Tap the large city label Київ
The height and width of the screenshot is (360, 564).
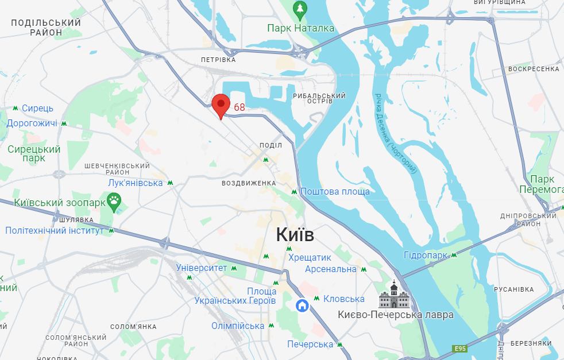pos(295,234)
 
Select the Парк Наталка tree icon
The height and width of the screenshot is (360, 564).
pos(300,9)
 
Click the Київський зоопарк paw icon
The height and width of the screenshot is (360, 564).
pos(115,202)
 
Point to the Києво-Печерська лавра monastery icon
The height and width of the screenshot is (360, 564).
pos(393,295)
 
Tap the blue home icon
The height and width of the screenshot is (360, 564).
pos(302,305)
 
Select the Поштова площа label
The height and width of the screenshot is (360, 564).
pos(335,191)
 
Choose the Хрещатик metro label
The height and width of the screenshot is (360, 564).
pos(310,258)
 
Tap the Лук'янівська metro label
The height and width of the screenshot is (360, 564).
pos(136,183)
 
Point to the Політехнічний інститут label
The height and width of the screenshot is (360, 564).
pos(55,230)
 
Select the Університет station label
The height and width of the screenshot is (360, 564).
pos(202,268)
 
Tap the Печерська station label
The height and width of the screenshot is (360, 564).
pos(310,344)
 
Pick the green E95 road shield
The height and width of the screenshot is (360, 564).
pos(459,349)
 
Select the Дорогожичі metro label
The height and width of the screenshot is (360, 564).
pos(32,123)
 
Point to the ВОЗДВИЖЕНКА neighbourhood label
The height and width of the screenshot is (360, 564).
pos(249,183)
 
